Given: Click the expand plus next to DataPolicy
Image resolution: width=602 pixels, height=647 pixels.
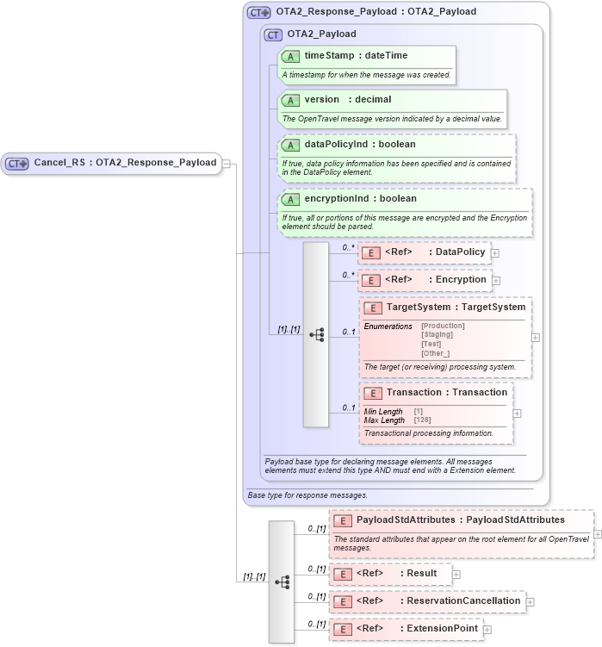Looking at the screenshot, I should point(495,252).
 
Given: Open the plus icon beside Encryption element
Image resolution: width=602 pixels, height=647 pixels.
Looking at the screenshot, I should point(496,280).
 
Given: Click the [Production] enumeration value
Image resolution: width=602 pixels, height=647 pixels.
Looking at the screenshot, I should point(443,326).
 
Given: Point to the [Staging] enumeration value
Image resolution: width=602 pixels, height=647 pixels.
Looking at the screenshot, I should point(437,334).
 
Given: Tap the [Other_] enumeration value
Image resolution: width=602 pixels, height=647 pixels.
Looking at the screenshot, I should point(435,353).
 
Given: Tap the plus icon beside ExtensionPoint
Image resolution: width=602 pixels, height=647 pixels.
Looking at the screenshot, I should point(487,630).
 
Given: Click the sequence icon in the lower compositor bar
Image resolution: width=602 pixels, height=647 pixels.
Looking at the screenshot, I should point(282,582).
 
